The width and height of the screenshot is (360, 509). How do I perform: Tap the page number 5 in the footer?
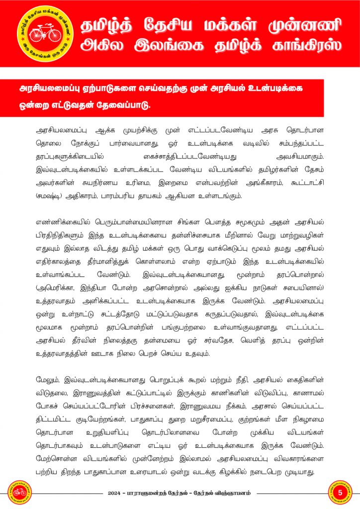coord(341,492)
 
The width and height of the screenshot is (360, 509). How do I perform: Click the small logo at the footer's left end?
coord(19,492)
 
